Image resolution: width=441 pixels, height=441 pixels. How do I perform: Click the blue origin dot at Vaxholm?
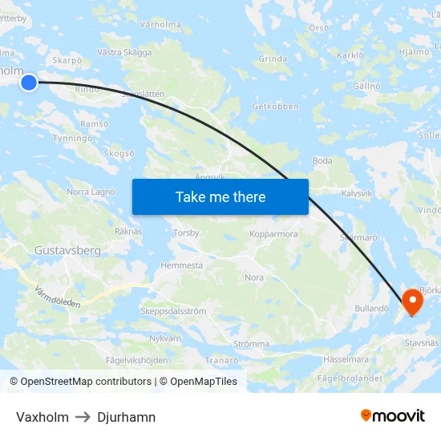point(29,82)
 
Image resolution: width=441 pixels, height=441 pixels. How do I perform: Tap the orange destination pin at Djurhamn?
point(413,301)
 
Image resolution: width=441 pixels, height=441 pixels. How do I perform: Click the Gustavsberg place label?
point(67,251)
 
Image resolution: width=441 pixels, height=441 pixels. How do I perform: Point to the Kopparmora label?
point(273,235)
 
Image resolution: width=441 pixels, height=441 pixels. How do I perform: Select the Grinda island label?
point(273,59)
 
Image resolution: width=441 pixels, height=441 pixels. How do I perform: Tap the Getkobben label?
point(275,106)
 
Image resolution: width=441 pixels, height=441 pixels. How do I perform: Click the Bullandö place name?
point(371,308)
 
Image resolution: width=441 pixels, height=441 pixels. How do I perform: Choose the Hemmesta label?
point(181,265)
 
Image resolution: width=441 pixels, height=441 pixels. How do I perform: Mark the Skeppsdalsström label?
point(173,311)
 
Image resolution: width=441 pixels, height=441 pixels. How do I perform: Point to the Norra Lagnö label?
point(91,192)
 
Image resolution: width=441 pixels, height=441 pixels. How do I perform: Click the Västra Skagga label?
point(124,52)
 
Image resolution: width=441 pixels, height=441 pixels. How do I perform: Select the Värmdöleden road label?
point(58,298)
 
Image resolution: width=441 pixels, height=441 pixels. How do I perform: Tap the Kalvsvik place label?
point(357,193)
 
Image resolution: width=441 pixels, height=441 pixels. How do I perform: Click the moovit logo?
point(393,415)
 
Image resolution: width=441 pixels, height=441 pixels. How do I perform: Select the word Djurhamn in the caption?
point(126,417)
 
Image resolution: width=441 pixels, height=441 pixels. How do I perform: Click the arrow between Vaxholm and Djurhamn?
point(83,417)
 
